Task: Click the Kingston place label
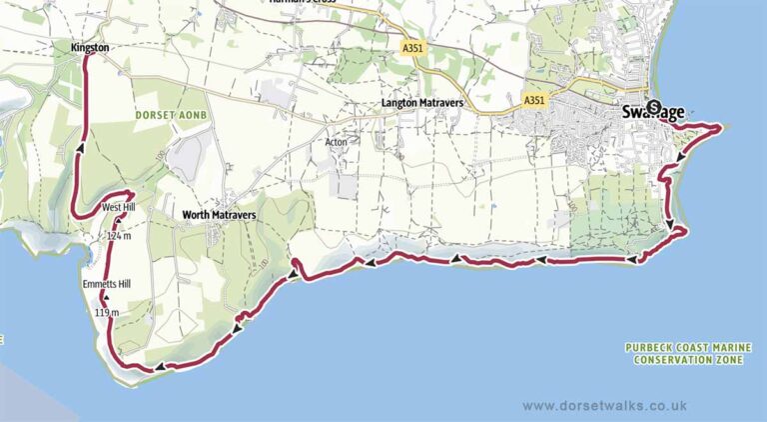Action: tap(90, 47)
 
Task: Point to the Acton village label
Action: tap(336, 142)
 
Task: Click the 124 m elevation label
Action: tap(119, 236)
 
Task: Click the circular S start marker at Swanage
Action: tap(653, 108)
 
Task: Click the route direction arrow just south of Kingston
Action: tap(78, 149)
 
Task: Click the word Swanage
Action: tap(654, 111)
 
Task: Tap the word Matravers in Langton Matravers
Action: tap(441, 103)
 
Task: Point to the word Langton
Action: tap(399, 103)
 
